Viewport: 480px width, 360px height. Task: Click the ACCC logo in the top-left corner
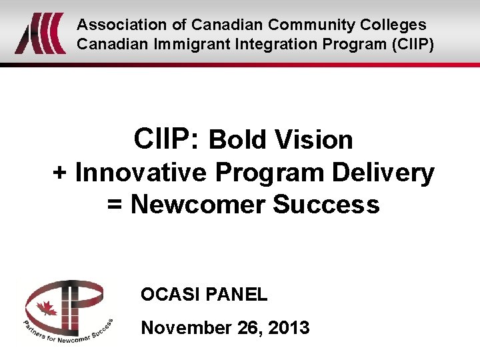[40, 33]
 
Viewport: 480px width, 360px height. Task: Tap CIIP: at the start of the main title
[166, 139]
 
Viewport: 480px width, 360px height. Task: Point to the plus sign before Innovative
[60, 173]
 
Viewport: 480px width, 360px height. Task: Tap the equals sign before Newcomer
[115, 205]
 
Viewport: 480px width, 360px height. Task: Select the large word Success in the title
[326, 204]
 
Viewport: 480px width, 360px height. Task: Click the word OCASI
[167, 294]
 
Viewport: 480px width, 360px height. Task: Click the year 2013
[289, 327]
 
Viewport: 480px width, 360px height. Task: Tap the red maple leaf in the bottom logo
[46, 309]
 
